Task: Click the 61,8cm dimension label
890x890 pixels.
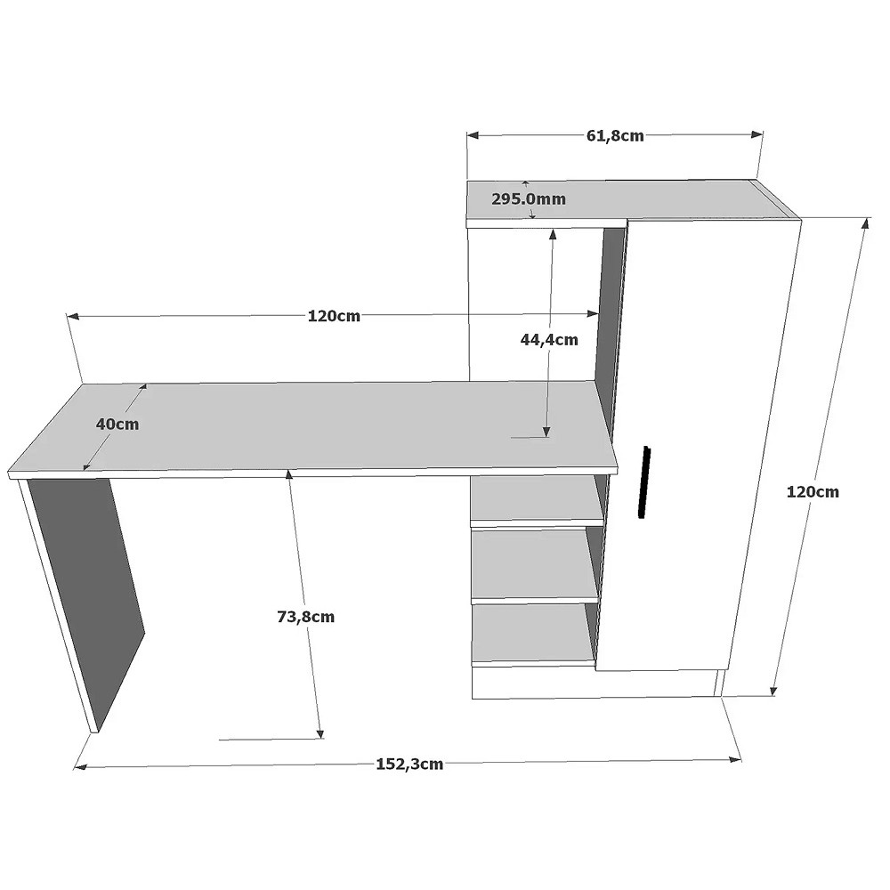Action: (x=615, y=135)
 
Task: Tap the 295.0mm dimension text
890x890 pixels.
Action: (x=529, y=199)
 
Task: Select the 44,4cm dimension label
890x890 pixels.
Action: (x=549, y=339)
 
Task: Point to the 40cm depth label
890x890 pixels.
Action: (x=117, y=424)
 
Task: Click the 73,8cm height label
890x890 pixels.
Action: (x=306, y=617)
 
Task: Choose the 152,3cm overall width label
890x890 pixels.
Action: (x=409, y=764)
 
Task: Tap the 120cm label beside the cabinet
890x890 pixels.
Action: (x=813, y=491)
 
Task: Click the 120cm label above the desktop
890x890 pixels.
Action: (x=334, y=316)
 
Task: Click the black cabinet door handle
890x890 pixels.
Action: (x=643, y=481)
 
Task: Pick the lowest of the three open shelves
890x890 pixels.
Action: (x=534, y=633)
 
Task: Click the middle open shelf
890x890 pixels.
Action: (x=535, y=563)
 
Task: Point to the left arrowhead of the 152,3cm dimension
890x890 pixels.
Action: (x=80, y=767)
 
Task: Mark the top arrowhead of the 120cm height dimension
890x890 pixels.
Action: (x=866, y=222)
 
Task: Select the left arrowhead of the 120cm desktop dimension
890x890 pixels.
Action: (x=73, y=317)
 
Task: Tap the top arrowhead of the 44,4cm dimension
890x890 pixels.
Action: (x=553, y=234)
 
